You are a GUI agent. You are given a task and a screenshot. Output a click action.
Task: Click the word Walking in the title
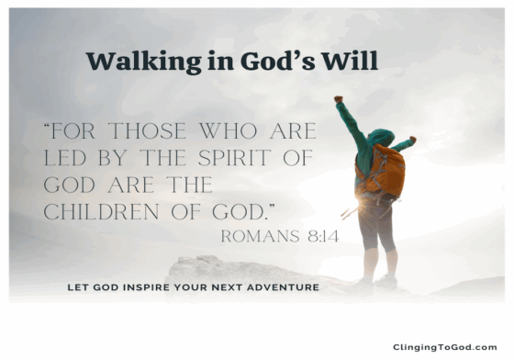tap(129, 62)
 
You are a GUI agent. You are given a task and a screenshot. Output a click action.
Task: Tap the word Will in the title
tap(356, 62)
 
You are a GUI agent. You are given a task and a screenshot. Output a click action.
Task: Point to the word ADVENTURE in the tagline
tap(284, 287)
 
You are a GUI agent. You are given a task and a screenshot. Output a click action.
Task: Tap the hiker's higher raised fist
tap(339, 97)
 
